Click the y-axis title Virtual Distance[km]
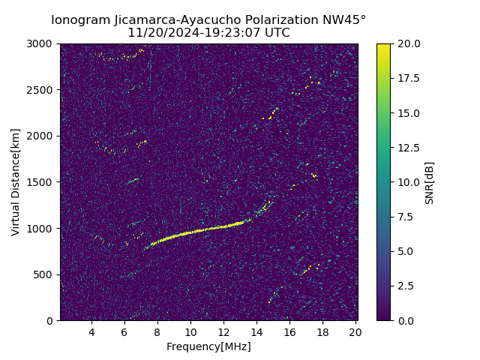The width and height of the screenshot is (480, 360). [16, 182]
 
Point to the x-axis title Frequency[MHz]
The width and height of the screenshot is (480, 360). [208, 346]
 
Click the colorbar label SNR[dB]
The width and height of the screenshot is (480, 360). [430, 182]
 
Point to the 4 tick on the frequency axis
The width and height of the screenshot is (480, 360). [91, 332]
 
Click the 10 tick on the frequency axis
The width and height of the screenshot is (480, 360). [190, 332]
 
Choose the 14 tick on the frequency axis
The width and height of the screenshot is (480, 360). [256, 332]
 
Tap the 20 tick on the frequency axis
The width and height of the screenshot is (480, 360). [355, 332]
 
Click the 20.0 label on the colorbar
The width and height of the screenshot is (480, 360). [408, 43]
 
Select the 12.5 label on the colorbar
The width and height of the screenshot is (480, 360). [408, 148]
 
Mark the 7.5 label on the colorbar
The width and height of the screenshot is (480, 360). [406, 217]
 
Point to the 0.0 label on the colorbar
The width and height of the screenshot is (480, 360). [406, 320]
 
